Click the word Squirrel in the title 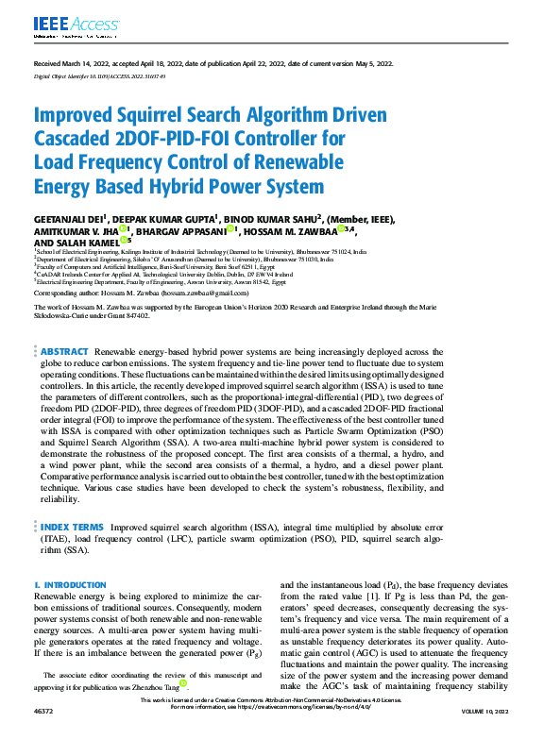click(x=161, y=116)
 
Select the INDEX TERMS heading click(x=72, y=527)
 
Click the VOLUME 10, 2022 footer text click(x=483, y=734)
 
